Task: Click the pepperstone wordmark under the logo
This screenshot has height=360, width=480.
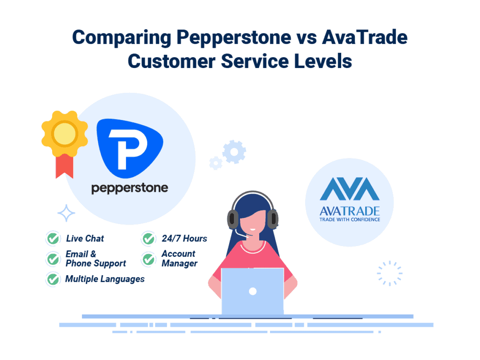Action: [x=129, y=188]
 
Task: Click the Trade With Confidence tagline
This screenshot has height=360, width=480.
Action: [x=349, y=219]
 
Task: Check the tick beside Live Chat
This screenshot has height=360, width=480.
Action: [x=53, y=239]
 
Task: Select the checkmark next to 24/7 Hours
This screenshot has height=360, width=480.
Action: [x=149, y=239]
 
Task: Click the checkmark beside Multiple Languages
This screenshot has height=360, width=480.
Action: [x=53, y=279]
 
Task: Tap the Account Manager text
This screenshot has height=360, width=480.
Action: [x=179, y=259]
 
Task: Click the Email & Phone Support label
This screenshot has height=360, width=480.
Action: [x=96, y=259]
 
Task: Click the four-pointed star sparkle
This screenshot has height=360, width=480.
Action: [x=66, y=213]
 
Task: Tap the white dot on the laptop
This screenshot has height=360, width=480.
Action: [x=253, y=291]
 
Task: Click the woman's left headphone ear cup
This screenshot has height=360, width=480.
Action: [x=233, y=218]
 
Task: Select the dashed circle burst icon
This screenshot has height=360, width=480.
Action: [x=390, y=273]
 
